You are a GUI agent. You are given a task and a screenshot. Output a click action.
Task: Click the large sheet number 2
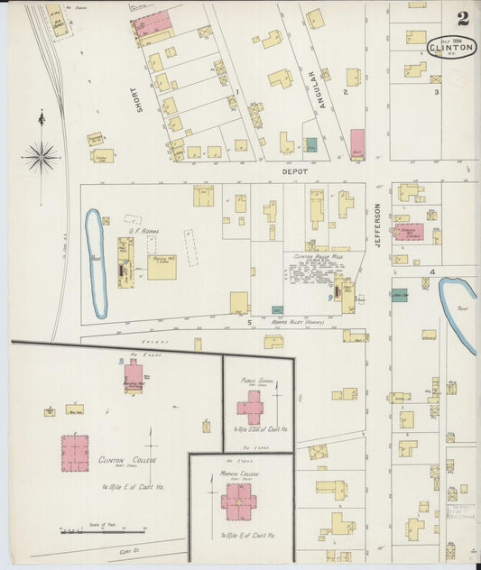click(x=462, y=18)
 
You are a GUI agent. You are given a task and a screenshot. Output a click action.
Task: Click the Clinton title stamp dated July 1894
click(x=451, y=45)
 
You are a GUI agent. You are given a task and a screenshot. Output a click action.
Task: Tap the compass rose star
click(x=42, y=158)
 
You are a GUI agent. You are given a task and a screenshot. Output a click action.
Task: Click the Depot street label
click(x=294, y=170)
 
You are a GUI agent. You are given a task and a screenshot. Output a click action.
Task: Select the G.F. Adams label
click(x=144, y=232)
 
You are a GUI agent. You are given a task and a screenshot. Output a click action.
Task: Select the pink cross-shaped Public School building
click(x=250, y=407)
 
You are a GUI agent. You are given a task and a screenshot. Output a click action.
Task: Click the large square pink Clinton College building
click(x=75, y=453)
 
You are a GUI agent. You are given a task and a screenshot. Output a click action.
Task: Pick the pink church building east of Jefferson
click(x=407, y=232)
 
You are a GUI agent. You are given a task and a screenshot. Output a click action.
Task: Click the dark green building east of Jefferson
click(x=398, y=295)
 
